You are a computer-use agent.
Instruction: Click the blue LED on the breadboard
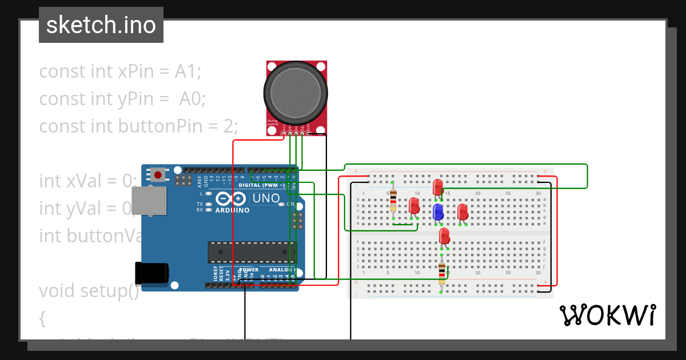coord(438,211)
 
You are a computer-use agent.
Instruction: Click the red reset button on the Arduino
coord(158,174)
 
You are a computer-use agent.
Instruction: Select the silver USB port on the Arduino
coord(149,201)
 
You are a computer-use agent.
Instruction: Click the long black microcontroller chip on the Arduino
coord(252,252)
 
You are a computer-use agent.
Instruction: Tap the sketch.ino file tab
coord(101,25)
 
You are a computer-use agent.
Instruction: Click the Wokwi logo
coord(607,315)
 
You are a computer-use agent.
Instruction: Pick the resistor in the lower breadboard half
coord(441,274)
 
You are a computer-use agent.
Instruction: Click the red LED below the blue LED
coord(444,235)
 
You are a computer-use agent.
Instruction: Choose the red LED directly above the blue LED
coord(438,186)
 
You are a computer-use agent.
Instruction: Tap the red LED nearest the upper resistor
coord(414,205)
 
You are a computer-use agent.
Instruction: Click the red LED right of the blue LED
coord(462,211)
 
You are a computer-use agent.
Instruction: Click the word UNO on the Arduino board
coord(266,199)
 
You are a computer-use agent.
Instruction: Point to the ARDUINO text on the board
coord(232,210)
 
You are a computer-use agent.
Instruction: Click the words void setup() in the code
coord(89,291)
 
